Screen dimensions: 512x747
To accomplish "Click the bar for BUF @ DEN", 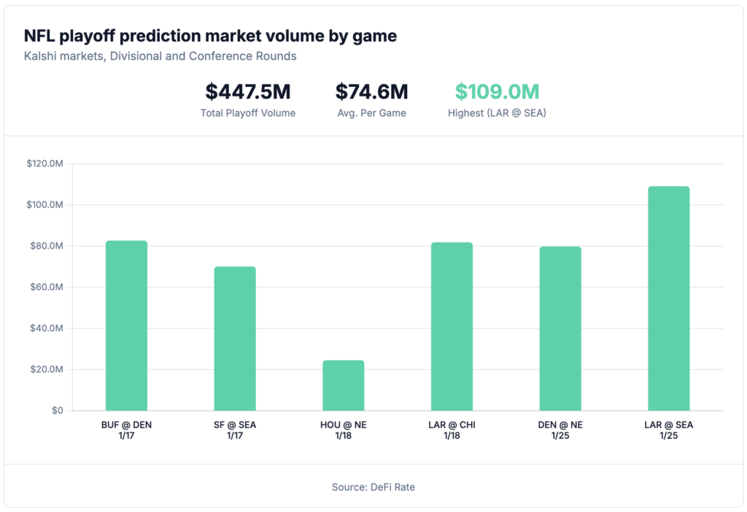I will pos(126,326).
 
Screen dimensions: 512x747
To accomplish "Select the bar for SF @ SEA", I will pos(235,339).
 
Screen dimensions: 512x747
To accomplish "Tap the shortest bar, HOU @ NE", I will pos(344,386).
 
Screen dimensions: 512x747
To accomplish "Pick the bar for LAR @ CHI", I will pos(452,326).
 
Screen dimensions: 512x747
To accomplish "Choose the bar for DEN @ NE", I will pos(560,329).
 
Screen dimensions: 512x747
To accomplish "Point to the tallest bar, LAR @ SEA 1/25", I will pos(668,299).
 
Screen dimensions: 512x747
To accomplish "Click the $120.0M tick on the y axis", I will pos(44,164).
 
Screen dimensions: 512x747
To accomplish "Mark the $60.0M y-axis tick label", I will pos(46,287).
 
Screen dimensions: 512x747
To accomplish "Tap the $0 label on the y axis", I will pos(57,410).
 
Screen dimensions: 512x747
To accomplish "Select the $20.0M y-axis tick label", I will pos(46,370).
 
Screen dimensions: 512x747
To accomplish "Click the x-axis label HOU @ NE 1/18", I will pos(344,429).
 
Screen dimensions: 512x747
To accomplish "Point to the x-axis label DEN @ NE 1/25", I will pos(560,429).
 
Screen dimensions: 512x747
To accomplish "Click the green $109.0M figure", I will pos(497,92).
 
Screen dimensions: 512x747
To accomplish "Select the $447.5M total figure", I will pos(248,92).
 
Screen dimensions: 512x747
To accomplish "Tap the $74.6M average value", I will pos(371,92).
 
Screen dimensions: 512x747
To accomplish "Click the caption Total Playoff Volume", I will pos(248,113).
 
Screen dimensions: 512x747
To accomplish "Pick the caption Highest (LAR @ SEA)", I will pos(497,113).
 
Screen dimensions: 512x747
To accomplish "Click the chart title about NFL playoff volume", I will pos(210,36).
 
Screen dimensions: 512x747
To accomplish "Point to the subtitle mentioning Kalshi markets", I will pos(160,56).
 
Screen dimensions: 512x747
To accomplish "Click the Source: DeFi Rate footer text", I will pos(373,486).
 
